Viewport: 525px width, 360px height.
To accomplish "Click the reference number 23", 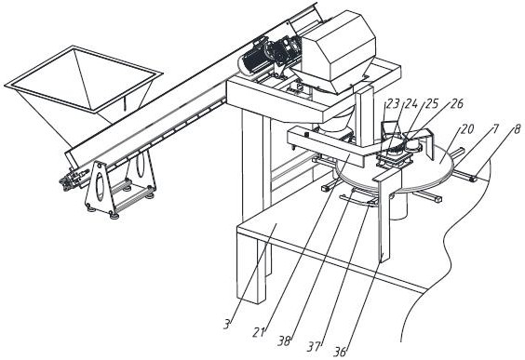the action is click(x=393, y=104).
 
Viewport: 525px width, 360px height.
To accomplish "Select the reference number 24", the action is click(x=411, y=104).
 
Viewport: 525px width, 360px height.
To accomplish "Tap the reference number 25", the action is click(x=432, y=104).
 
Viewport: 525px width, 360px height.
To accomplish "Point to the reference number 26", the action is click(x=457, y=103).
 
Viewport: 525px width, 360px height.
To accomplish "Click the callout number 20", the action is click(x=467, y=129).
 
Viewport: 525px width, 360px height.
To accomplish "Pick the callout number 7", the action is click(x=495, y=128).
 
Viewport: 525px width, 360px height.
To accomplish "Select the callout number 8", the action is click(x=518, y=129).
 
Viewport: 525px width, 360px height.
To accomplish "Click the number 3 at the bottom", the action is click(x=227, y=325).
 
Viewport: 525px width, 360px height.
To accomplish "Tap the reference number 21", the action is click(x=259, y=332).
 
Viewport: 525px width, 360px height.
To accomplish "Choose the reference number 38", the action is click(x=284, y=340).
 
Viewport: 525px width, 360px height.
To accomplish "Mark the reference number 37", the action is click(x=315, y=347).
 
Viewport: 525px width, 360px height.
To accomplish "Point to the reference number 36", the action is click(x=340, y=352).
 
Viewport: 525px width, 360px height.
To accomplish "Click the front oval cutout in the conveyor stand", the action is click(x=100, y=187).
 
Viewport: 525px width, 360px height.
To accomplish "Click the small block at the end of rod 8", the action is click(x=474, y=179).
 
